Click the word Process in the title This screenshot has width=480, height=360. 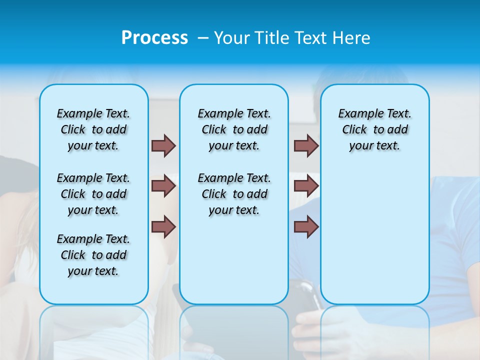click(154, 37)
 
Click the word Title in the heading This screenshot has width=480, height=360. click(272, 37)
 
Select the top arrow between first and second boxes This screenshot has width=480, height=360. click(163, 145)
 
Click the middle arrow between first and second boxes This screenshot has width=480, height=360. click(163, 186)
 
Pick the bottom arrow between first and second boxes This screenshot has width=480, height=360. click(163, 226)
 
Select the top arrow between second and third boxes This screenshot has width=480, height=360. click(306, 145)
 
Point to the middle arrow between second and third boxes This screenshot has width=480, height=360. click(306, 186)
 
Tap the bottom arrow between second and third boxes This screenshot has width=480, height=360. click(306, 226)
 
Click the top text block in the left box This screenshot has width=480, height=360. click(93, 129)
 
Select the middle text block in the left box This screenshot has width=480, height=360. click(93, 194)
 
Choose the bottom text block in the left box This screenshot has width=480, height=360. click(93, 255)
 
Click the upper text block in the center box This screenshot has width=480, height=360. click(234, 129)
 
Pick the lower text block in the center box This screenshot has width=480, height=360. click(234, 194)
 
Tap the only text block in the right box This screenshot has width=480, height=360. click(374, 129)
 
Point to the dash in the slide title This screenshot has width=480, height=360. click(203, 37)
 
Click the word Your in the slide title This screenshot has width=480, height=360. click(232, 37)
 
